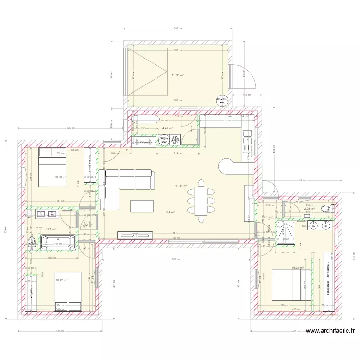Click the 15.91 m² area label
coord(178,75)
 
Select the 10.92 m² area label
coord(61,280)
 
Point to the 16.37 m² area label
coord(298,268)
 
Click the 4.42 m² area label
coord(168,128)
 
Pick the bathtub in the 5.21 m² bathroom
coord(58,243)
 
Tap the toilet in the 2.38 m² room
coord(328,208)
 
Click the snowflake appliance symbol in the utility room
coord(164,141)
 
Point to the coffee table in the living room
coord(142,206)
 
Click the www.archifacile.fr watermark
coord(331,331)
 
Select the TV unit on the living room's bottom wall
coord(135,235)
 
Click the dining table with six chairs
coord(201,200)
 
